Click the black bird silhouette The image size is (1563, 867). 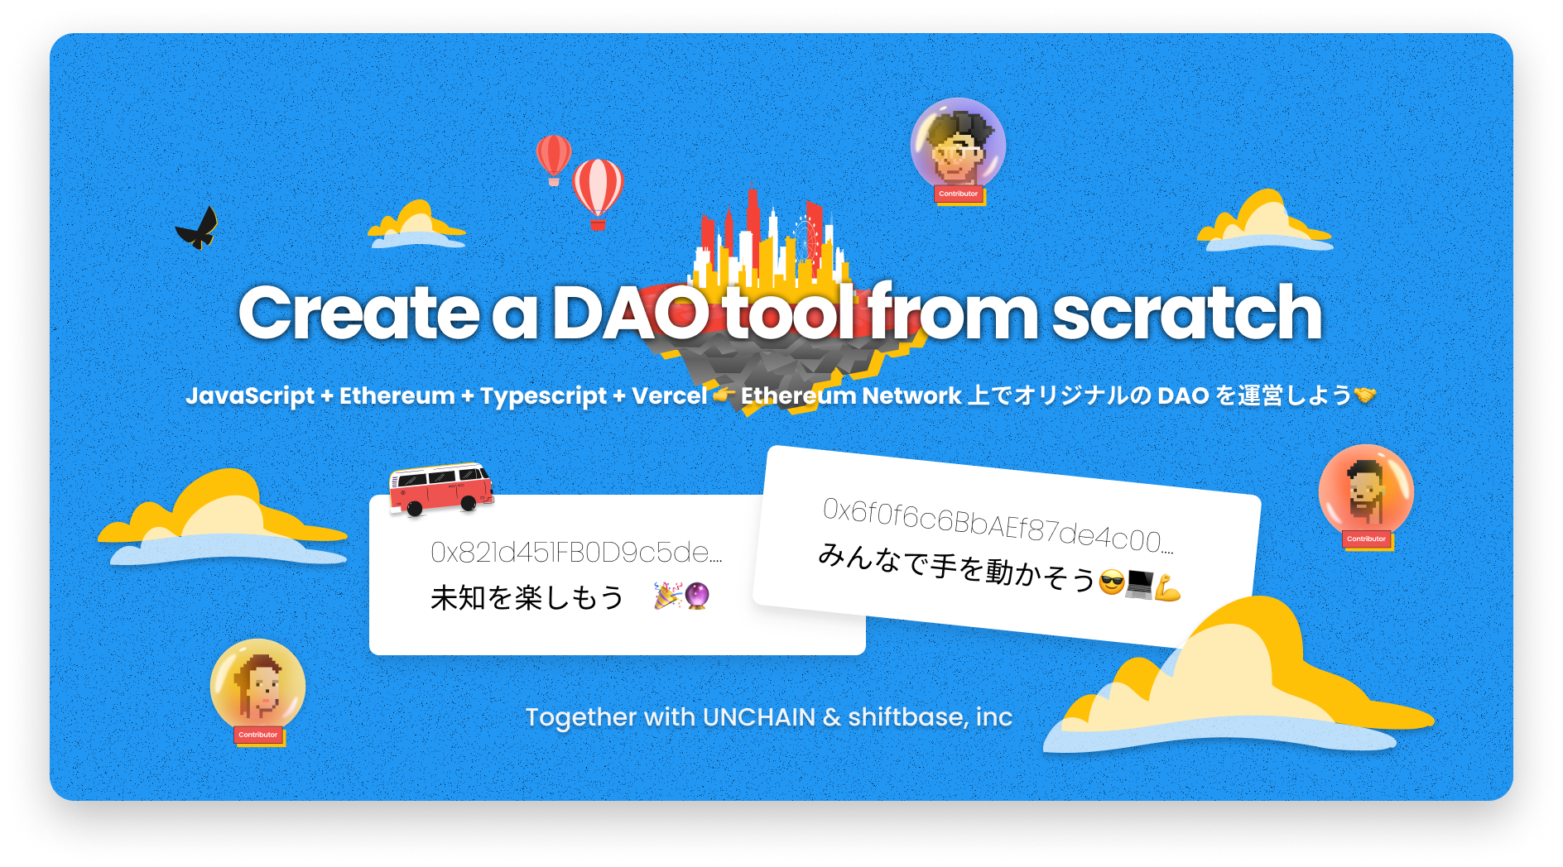(197, 228)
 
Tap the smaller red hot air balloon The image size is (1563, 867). (553, 159)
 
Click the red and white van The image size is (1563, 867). (441, 489)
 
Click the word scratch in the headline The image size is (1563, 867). (1187, 313)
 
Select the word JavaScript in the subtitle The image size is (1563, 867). (250, 395)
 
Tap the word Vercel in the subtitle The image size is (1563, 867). (669, 395)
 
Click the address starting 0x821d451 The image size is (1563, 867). (576, 552)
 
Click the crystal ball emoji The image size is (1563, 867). (697, 596)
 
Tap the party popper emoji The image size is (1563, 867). (667, 596)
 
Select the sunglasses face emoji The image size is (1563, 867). (1112, 583)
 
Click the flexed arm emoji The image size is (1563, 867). (1167, 588)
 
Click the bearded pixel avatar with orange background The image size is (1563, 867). (1366, 491)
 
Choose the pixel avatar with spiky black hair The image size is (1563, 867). (958, 146)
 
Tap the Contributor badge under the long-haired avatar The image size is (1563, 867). (258, 735)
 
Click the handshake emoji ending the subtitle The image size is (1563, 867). (1365, 395)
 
